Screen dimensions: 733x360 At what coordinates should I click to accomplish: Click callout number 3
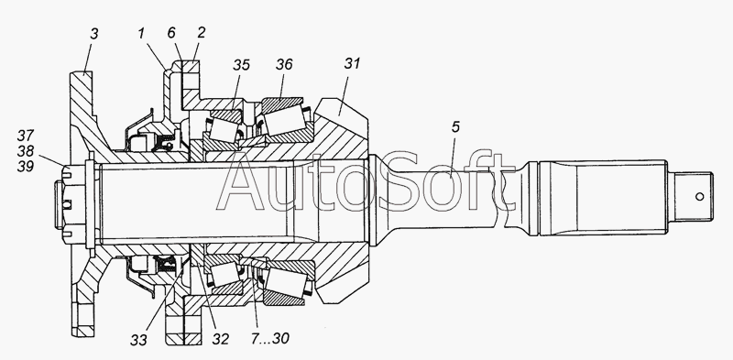tap(94, 34)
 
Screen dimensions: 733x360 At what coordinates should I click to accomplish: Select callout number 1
tap(141, 33)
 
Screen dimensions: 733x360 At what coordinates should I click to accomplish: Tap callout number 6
tap(171, 33)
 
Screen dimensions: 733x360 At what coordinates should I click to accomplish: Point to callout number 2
tap(201, 33)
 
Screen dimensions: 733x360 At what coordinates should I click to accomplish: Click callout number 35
tap(241, 65)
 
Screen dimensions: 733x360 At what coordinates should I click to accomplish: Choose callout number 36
tap(284, 64)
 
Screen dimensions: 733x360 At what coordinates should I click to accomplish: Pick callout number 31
tap(353, 63)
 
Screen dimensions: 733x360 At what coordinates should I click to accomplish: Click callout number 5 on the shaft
tap(455, 127)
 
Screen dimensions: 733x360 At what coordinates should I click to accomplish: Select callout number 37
tap(26, 136)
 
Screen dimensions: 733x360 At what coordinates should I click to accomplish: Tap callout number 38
tap(26, 151)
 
